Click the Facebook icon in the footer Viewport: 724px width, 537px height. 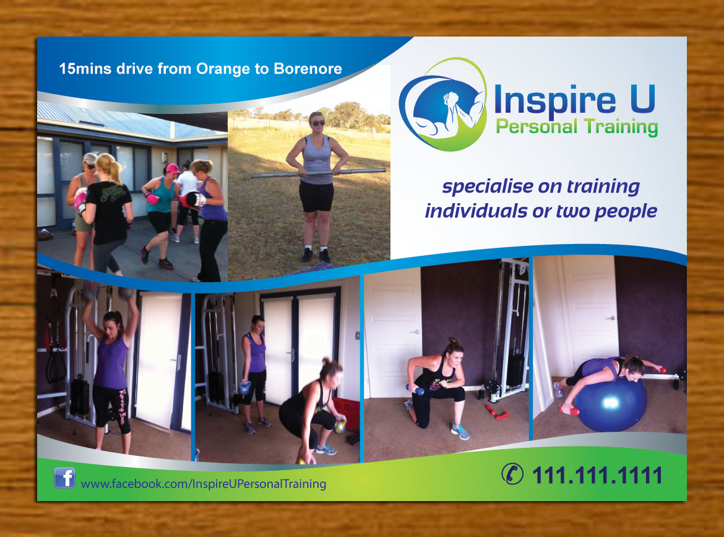[64, 478]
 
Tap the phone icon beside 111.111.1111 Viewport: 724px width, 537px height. [511, 475]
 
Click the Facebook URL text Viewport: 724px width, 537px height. [204, 484]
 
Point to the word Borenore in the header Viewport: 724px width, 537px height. [307, 69]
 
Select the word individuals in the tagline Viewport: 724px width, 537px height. [472, 211]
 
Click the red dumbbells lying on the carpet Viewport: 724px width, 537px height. [498, 411]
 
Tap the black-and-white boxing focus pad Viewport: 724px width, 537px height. [194, 199]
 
